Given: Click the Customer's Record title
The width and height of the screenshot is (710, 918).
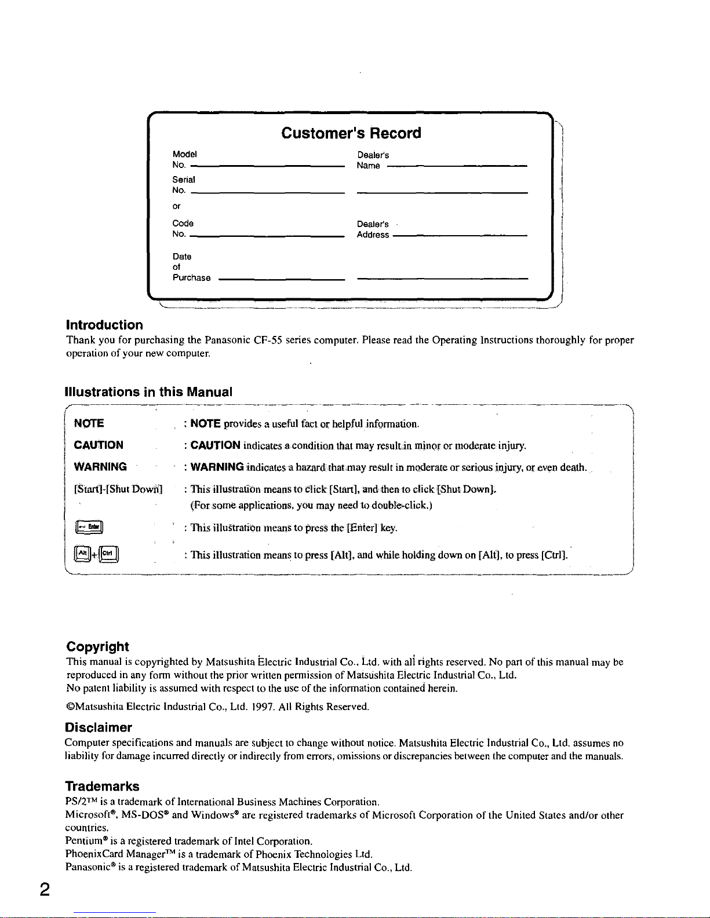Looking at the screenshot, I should (351, 133).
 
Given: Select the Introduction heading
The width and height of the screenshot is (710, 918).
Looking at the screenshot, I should (104, 325).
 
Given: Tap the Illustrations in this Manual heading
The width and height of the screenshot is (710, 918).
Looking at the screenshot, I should (148, 392).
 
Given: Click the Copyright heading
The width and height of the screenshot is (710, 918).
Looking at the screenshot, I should (97, 646).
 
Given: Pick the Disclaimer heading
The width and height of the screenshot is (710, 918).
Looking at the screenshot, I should (99, 727).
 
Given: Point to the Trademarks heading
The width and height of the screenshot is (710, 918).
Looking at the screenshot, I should (102, 787).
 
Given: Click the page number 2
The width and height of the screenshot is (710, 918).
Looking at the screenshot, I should (44, 890).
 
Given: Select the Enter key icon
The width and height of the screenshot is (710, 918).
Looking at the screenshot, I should (89, 526).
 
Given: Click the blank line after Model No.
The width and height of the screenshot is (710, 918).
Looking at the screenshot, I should (267, 166).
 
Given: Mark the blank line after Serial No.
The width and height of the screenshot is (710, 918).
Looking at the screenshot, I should (267, 191).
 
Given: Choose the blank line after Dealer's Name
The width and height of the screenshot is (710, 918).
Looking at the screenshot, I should (456, 166).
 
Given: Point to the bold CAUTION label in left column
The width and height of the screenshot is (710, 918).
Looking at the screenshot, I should (99, 445).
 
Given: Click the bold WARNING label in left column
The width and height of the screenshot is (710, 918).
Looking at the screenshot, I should (100, 467).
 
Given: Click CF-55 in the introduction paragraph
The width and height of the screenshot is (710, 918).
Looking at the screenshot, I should (268, 340).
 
